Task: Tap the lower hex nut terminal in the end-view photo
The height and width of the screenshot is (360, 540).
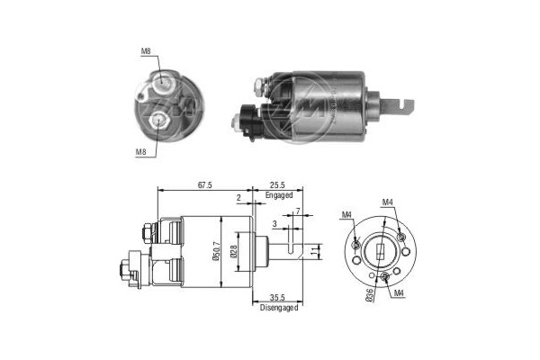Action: tap(160, 119)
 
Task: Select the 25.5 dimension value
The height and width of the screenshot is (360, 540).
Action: tap(277, 183)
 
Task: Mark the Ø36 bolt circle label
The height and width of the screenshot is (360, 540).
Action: tap(369, 294)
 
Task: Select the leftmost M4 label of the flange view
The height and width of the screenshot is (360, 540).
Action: tap(347, 214)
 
